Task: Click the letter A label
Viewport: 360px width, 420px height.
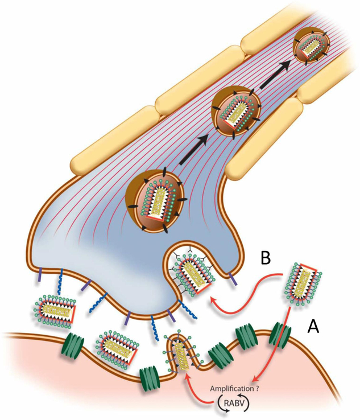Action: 317,326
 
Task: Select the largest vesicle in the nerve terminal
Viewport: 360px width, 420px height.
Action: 155,199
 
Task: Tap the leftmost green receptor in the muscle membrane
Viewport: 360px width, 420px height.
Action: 73,345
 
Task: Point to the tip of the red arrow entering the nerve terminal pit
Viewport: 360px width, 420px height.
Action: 210,297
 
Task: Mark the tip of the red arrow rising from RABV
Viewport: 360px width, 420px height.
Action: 187,372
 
